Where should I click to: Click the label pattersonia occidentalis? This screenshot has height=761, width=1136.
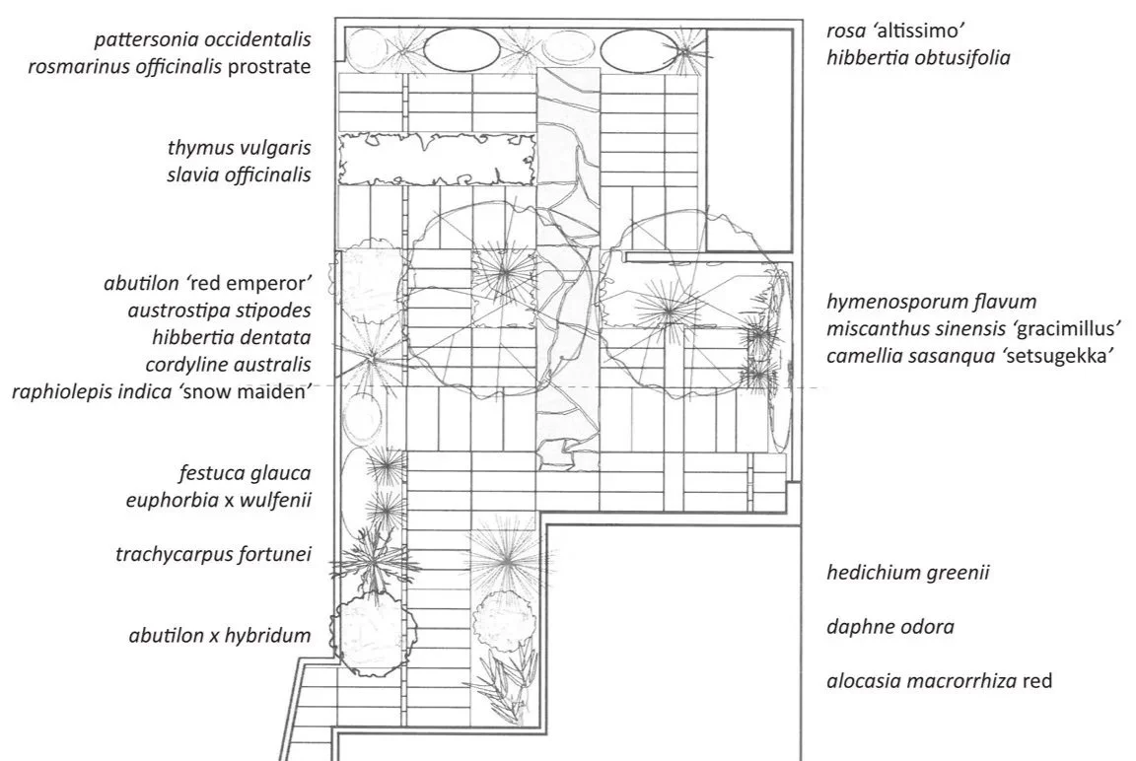click(x=203, y=40)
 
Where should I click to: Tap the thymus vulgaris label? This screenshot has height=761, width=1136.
click(x=240, y=149)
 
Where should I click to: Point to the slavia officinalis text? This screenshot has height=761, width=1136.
click(x=240, y=175)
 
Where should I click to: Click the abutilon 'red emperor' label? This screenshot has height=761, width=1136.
click(x=207, y=283)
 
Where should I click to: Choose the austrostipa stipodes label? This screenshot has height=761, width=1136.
click(x=219, y=311)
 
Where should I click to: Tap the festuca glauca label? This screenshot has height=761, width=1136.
click(x=246, y=473)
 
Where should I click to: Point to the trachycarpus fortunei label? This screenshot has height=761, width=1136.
click(x=213, y=554)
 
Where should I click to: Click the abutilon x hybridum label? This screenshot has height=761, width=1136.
click(x=220, y=636)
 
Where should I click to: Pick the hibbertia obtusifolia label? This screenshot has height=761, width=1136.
click(x=919, y=58)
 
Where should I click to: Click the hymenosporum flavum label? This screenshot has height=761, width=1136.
click(x=932, y=302)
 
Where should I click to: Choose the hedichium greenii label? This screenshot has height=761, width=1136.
click(x=908, y=573)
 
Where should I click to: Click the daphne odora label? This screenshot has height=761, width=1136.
click(x=890, y=627)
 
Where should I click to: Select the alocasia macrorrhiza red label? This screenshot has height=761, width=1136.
click(x=940, y=681)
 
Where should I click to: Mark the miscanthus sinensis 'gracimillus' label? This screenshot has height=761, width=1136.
click(x=976, y=328)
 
